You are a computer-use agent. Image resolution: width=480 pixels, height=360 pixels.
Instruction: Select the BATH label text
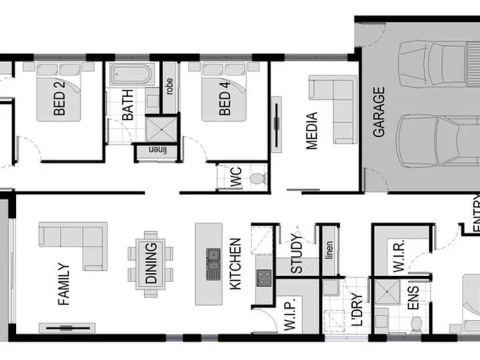pyautogui.click(x=127, y=105)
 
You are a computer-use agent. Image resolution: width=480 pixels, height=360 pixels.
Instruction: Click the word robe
pyautogui.click(x=169, y=86)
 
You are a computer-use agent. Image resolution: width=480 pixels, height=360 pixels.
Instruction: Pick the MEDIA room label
pyautogui.click(x=311, y=131)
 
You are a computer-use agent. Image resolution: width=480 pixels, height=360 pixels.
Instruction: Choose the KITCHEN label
pyautogui.click(x=235, y=264)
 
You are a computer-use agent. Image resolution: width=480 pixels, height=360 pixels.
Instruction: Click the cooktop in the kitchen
pyautogui.click(x=264, y=277)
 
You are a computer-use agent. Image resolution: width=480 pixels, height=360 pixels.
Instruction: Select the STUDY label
pyautogui.click(x=297, y=254)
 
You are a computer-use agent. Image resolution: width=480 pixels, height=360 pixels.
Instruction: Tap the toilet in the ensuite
pyautogui.click(x=417, y=324)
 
